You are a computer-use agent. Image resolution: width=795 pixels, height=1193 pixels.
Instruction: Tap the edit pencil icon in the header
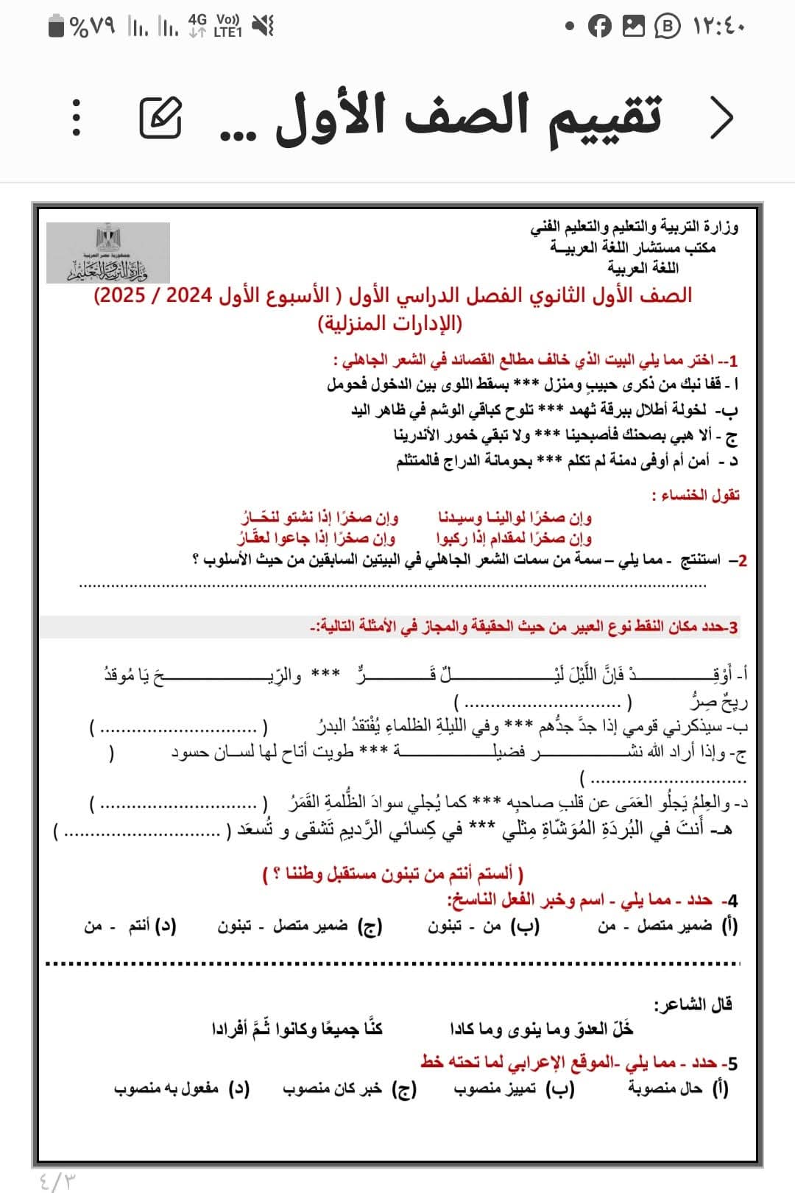[160, 117]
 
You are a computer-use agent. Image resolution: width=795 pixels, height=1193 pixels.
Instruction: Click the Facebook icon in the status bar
[600, 27]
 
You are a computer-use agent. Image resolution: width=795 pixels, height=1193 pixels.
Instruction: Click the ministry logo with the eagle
[108, 253]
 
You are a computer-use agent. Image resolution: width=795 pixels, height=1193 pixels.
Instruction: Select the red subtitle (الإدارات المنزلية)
[390, 323]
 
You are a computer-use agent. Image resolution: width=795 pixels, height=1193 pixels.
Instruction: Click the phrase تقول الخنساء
[696, 494]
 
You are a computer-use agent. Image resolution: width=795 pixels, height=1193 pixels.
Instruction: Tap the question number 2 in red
[741, 560]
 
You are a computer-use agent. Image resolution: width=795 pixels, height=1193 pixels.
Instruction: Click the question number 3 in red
[732, 627]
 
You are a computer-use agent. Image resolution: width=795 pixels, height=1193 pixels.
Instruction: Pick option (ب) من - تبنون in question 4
[484, 926]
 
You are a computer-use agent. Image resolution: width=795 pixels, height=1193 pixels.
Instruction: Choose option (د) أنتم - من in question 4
[130, 926]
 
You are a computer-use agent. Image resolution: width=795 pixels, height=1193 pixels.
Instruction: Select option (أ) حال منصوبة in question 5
[678, 1088]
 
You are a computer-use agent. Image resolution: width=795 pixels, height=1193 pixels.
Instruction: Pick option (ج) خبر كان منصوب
[350, 1088]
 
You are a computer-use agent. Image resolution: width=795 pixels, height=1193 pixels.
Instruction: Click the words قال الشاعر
[693, 1004]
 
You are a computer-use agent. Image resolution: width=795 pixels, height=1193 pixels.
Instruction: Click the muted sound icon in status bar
[263, 27]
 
